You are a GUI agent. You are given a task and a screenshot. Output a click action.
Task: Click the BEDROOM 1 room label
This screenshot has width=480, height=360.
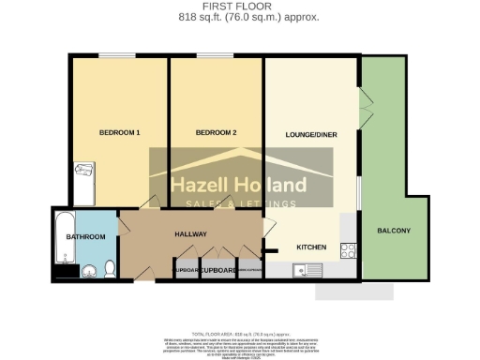click(x=119, y=133)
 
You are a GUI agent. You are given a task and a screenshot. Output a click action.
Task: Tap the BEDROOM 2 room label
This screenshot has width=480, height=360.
click(x=215, y=133)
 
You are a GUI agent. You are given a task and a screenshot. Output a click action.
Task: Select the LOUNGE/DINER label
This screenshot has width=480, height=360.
click(x=311, y=135)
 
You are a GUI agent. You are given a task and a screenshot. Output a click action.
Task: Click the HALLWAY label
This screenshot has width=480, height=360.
click(x=190, y=234)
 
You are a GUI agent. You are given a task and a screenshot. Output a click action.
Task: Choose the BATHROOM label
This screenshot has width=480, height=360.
click(x=84, y=236)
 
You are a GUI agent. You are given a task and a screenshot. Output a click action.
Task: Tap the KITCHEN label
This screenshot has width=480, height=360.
click(x=311, y=247)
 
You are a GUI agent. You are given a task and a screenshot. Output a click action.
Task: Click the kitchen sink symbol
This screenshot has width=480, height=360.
click(x=306, y=272)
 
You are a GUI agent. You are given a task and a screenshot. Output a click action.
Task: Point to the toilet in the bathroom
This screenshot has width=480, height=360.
click(x=110, y=270)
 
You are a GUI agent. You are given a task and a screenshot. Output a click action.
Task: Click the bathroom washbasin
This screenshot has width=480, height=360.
click(x=89, y=273)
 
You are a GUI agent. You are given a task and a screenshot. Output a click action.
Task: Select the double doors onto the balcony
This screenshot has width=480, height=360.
click(x=363, y=100)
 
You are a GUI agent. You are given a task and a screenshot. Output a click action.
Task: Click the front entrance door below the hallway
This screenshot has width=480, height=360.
click(x=142, y=273)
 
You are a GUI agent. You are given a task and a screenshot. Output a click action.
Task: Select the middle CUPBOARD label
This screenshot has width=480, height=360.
click(x=215, y=271)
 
